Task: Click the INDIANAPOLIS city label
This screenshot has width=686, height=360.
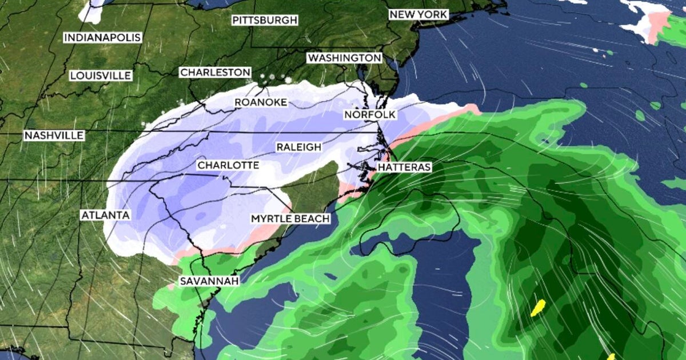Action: tap(102, 38)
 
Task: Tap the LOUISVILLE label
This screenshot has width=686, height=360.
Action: tap(101, 75)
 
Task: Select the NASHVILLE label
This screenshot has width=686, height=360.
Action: tap(54, 135)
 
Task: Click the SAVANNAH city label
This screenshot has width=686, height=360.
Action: tap(209, 281)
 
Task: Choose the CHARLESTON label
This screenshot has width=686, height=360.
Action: tap(215, 73)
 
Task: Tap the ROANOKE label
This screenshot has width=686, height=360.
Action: tap(261, 102)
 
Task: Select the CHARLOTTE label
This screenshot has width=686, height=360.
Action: tap(228, 165)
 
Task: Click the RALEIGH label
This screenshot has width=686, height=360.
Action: tap(298, 147)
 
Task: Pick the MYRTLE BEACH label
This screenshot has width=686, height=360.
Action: tap(290, 219)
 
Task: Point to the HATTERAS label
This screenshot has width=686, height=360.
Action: tap(404, 167)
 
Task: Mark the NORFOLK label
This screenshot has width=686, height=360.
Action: tap(370, 115)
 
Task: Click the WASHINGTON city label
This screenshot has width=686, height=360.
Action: tap(344, 58)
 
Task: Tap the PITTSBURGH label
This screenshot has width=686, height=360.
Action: tap(265, 21)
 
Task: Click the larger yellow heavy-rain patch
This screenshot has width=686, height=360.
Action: tap(538, 307)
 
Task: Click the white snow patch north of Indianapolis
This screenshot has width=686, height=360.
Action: tap(91, 10)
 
